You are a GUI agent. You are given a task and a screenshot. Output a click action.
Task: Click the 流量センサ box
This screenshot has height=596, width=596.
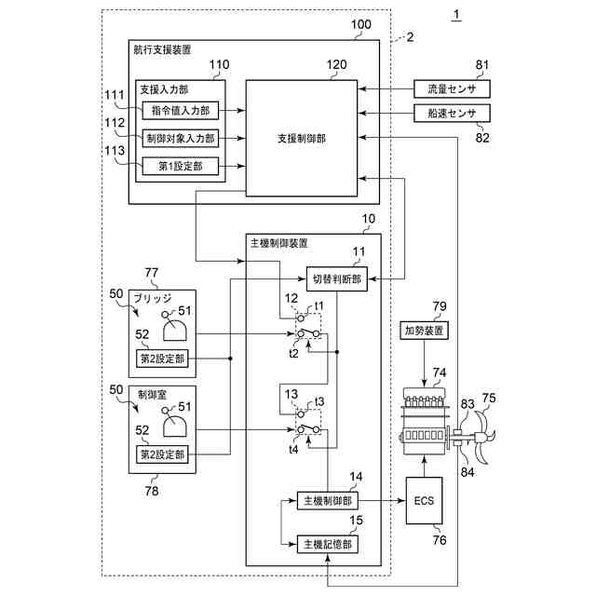click(452, 89)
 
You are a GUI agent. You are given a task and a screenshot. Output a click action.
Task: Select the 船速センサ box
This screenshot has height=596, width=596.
click(452, 113)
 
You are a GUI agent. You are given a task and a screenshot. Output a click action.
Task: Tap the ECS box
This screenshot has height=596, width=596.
click(425, 501)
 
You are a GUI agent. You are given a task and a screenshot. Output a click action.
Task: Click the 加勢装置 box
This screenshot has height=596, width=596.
click(425, 331)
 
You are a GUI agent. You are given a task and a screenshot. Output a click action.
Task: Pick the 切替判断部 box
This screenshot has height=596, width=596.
click(337, 279)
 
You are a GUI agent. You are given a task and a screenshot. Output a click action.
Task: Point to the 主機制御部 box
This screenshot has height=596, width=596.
click(327, 501)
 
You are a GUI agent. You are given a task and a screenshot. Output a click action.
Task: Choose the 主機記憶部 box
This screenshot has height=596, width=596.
click(327, 544)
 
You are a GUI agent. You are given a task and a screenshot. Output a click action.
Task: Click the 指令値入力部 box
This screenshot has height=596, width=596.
click(181, 111)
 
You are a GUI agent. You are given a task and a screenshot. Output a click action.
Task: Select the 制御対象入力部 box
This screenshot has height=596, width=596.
click(181, 139)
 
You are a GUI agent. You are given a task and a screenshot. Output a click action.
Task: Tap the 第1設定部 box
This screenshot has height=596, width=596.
click(181, 166)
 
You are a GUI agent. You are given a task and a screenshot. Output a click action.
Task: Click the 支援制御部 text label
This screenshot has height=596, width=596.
click(302, 139)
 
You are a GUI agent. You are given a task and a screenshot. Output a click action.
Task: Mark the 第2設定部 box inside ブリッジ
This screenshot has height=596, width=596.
click(162, 359)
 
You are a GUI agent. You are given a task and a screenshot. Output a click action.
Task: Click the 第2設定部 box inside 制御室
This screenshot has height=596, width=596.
click(162, 454)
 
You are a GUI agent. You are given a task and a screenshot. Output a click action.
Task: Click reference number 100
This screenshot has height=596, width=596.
click(360, 24)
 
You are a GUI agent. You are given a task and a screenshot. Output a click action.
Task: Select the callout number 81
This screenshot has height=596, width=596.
click(482, 64)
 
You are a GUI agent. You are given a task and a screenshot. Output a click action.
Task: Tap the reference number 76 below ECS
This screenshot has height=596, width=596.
click(440, 540)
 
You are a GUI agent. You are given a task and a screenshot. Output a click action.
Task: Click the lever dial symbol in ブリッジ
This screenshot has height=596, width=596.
click(174, 327)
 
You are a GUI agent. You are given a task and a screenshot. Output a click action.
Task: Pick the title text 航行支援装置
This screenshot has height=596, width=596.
click(162, 49)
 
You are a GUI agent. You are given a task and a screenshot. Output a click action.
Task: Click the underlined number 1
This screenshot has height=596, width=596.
click(456, 15)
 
